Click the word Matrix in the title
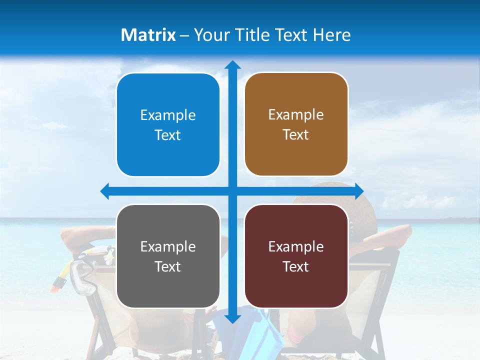coord(148,35)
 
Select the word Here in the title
coord(332,35)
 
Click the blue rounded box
coord(168,125)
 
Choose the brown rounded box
coord(296,124)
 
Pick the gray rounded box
coord(168,256)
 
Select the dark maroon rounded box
coord(296,256)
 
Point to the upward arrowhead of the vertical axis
coord(232,65)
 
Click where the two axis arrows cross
coord(232,191)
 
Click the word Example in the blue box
coord(168,115)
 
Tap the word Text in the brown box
coord(296,135)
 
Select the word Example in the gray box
coord(168,247)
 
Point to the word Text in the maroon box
coord(296,267)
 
